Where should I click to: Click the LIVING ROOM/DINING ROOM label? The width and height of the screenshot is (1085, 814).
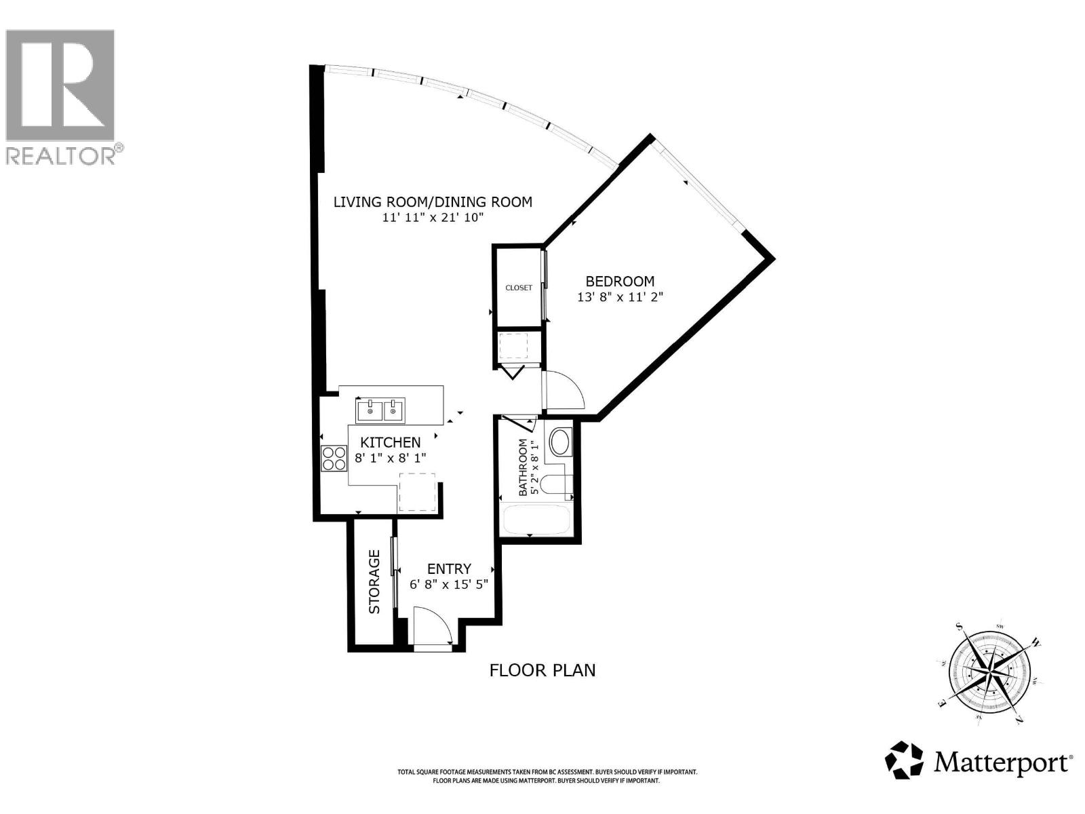433,201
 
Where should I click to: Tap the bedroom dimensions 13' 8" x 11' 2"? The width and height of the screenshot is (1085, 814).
619,297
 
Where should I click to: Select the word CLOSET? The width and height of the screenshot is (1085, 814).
519,288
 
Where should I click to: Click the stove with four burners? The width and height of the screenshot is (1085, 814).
333,458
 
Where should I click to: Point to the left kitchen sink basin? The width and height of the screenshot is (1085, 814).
370,410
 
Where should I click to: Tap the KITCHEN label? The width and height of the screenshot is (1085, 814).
390,442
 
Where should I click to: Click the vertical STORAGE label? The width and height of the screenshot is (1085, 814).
374,582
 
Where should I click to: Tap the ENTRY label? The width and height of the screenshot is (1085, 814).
449,569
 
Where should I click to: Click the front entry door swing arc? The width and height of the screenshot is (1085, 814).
434,624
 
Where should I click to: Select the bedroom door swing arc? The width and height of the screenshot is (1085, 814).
564,390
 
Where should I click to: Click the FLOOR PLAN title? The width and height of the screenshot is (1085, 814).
542,670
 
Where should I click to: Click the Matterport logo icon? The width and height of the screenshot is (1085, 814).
905,760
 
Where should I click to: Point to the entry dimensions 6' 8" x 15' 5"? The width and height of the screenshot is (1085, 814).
449,584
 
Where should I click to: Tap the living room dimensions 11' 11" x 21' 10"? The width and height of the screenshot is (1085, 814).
433,218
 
